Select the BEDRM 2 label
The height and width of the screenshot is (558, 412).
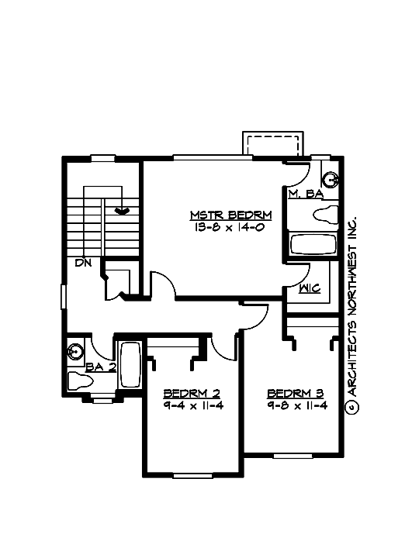coord(189,393)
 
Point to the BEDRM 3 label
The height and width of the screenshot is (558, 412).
coord(293,393)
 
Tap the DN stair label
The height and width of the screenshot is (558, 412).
coord(84,263)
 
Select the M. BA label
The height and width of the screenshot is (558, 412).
coord(304,194)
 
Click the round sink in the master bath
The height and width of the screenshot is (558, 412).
coord(331,180)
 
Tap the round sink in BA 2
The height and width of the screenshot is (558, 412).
coord(75,351)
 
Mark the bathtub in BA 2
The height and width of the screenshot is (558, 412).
coord(130,367)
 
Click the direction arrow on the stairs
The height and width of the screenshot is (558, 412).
coord(122,208)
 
